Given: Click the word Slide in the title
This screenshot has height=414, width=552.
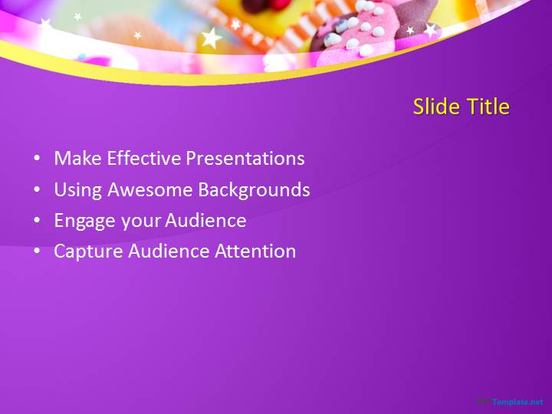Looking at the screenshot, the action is pyautogui.click(x=436, y=107).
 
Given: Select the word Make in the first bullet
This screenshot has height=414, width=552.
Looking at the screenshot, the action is pyautogui.click(x=77, y=158).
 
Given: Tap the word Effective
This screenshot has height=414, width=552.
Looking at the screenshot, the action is pyautogui.click(x=143, y=158).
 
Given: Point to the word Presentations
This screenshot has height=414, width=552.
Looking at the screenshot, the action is pyautogui.click(x=245, y=159).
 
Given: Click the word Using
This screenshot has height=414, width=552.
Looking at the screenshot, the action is pyautogui.click(x=77, y=190).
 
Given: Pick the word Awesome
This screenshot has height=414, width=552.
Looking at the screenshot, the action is pyautogui.click(x=150, y=189).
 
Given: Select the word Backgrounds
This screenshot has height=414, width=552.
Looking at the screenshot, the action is pyautogui.click(x=255, y=190).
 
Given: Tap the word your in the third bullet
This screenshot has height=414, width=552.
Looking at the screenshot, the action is pyautogui.click(x=140, y=222).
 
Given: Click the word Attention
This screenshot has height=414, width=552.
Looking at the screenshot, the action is pyautogui.click(x=255, y=251).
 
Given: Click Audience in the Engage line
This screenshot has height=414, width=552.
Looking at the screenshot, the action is pyautogui.click(x=205, y=220).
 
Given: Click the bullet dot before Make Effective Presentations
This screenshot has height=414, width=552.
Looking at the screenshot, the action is pyautogui.click(x=37, y=158).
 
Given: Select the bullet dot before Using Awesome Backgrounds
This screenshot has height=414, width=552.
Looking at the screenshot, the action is pyautogui.click(x=37, y=189).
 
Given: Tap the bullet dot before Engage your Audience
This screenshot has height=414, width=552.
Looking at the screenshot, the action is pyautogui.click(x=37, y=220).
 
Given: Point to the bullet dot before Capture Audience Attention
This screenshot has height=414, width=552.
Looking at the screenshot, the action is pyautogui.click(x=37, y=251).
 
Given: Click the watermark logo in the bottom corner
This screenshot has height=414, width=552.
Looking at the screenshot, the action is pyautogui.click(x=511, y=402).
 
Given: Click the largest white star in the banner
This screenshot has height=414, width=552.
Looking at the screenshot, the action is pyautogui.click(x=212, y=38).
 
